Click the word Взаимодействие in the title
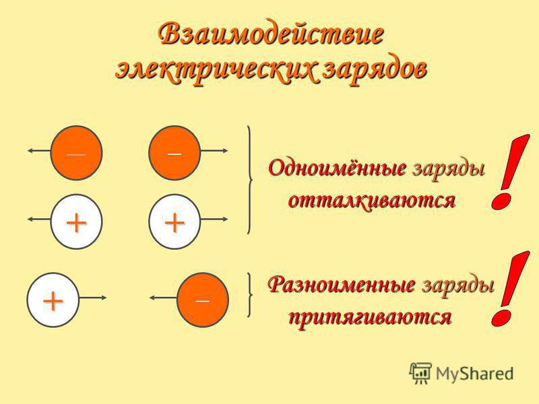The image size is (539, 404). coord(271,34)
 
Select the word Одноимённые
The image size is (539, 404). coord(338,168)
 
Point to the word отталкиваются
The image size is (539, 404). coord(372,200)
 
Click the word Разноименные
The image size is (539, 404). coord(342,285)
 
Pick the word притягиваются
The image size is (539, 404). coord(369,316)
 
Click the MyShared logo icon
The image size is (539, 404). coord(420,373)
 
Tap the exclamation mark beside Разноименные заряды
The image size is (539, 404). coord(510,289)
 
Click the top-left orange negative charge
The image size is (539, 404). coord(76,153)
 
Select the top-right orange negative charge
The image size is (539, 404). coord(175,153)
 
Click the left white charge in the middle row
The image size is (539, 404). coord(76,222)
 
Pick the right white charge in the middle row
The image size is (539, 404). coord(175,222)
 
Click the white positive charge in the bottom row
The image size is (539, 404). coord(53,300)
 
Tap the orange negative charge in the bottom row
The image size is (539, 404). coord(203,300)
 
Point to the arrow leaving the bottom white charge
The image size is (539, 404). coord(93,298)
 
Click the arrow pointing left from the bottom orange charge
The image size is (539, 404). coord(163,298)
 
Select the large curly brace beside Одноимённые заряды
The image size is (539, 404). coord(250,180)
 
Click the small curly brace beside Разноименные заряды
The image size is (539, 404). coord(250,295)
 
